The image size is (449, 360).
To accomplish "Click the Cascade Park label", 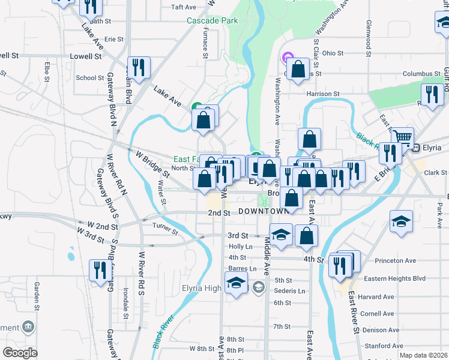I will point(212,20).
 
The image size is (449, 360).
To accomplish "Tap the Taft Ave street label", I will point(184,7).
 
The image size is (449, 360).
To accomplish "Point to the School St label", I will point(90,77).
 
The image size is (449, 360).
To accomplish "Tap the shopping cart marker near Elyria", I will point(402,139).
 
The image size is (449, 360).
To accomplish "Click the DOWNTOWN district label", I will point(264,212).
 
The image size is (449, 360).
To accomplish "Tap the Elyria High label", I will point(202,287).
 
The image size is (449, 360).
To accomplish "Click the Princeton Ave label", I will point(395,261).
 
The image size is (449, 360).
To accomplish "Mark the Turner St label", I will point(165,228).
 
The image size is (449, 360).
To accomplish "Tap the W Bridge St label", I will point(152,164).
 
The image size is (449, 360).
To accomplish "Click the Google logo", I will point(20,353).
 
